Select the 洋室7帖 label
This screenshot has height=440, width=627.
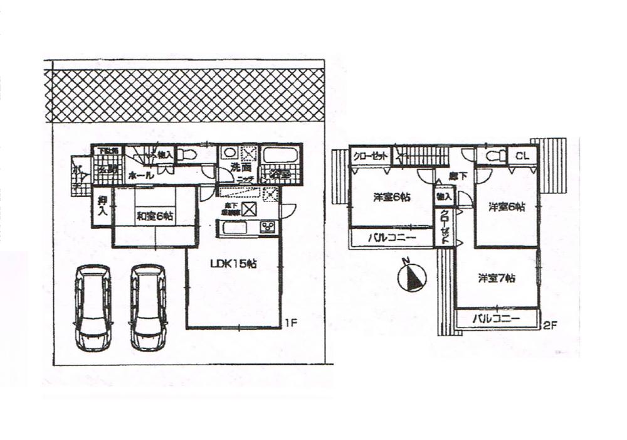pyautogui.click(x=497, y=278)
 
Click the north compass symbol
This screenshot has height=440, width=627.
pyautogui.click(x=411, y=277)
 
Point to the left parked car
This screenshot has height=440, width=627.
pyautogui.click(x=92, y=307)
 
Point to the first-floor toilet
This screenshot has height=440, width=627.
pyautogui.click(x=184, y=154)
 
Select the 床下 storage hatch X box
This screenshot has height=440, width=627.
pyautogui.click(x=249, y=209)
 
